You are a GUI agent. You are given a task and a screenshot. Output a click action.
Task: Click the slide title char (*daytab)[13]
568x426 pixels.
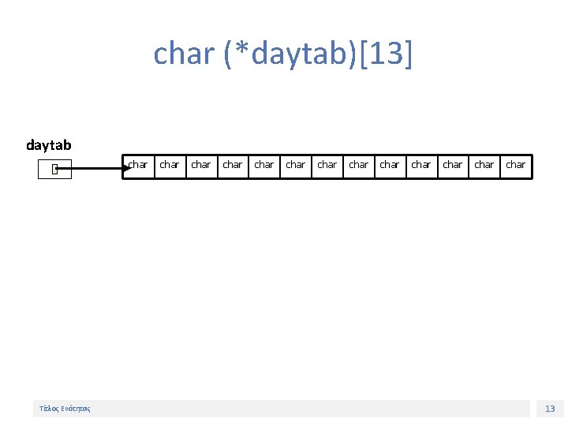[x=283, y=54]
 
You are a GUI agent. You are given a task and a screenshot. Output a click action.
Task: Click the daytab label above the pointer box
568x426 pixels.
[x=49, y=144]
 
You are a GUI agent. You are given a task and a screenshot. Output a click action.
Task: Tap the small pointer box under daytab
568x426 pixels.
[x=54, y=169]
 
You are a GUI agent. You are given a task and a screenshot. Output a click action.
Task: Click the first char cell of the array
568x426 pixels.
[x=138, y=166]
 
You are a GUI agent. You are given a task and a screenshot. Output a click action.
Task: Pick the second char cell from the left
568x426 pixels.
[x=170, y=166]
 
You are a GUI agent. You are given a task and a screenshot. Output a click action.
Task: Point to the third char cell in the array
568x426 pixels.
[x=201, y=166]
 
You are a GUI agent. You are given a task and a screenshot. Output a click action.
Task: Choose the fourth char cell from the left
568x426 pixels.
[x=233, y=166]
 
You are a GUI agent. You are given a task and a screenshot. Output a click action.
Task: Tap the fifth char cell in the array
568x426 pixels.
[x=264, y=166]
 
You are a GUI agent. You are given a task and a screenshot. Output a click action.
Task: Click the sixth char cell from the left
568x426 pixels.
[x=296, y=166]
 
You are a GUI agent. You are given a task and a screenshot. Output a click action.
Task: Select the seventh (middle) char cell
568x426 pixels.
[x=327, y=166]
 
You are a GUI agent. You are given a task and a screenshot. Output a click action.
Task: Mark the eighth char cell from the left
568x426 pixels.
[x=359, y=166]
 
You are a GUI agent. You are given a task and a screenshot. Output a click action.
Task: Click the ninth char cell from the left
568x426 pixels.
[x=390, y=166]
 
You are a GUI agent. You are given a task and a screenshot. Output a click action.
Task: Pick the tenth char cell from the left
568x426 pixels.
[x=421, y=166]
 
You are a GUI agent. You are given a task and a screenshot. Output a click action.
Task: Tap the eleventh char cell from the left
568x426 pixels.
[x=453, y=166]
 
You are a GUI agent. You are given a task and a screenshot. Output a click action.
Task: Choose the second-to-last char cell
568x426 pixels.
[x=484, y=166]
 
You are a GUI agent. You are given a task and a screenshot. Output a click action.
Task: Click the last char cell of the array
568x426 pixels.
[x=516, y=166]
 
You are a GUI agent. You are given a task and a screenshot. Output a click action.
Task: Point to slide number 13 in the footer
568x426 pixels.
[x=550, y=409]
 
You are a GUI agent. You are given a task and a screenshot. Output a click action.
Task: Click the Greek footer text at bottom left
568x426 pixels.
[x=65, y=409]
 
